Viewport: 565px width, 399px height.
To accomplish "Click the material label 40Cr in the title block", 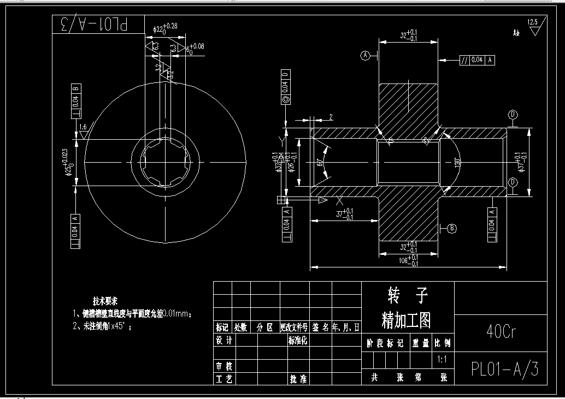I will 501,331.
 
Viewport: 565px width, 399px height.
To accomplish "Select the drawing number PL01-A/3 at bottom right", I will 504,370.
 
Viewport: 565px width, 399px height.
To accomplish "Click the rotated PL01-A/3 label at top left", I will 98,25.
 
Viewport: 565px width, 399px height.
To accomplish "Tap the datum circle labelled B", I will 452,228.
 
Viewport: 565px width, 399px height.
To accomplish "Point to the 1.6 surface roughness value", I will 83,127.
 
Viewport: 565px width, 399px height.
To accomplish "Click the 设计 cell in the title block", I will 225,340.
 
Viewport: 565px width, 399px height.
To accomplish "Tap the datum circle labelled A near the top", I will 366,55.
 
